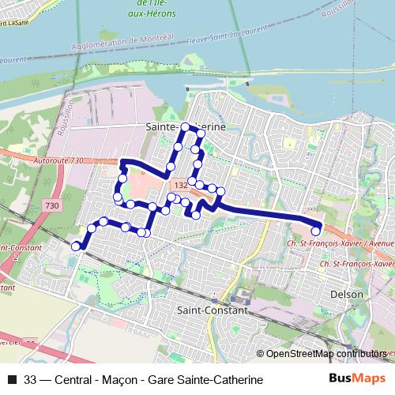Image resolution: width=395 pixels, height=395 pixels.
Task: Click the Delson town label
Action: pyautogui.click(x=348, y=294)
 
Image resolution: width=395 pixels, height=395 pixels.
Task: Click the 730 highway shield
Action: pyautogui.click(x=52, y=205)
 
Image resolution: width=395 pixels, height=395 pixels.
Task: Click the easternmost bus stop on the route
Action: pyautogui.click(x=316, y=231)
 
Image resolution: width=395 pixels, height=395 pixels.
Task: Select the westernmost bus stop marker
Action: pyautogui.click(x=77, y=246)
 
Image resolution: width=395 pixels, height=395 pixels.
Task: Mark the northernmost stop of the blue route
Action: pyautogui.click(x=186, y=127)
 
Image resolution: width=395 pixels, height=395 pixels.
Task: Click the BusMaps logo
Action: pyautogui.click(x=356, y=379)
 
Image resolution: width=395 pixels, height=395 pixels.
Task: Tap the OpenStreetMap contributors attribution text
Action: pyautogui.click(x=325, y=354)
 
